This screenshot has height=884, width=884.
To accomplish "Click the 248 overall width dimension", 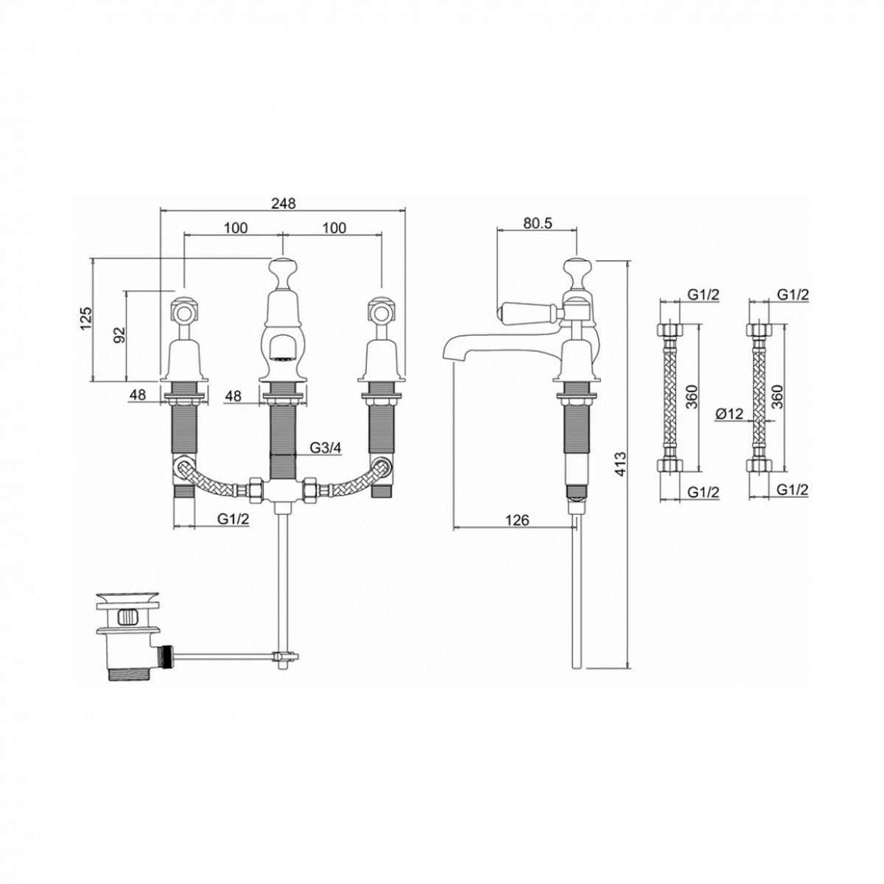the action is (282, 203).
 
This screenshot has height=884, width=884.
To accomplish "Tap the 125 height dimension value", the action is (86, 318).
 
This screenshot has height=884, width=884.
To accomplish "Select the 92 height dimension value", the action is (119, 335).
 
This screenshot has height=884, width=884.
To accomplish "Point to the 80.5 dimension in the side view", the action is (537, 223).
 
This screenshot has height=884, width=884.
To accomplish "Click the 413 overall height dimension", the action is (620, 464).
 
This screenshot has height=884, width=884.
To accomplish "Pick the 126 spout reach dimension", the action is (517, 520).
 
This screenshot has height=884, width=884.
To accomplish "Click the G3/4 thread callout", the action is (326, 447).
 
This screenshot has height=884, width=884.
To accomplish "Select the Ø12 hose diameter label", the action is (729, 414).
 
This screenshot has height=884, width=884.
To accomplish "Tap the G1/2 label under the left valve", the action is (233, 519).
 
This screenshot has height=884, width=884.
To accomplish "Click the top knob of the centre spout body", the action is (282, 268).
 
